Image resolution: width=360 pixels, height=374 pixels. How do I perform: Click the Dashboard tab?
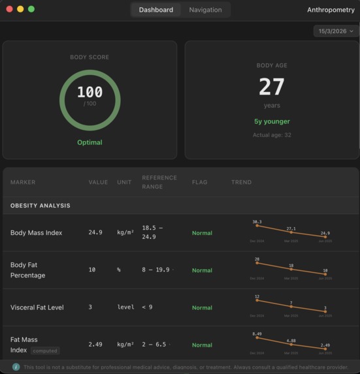155,10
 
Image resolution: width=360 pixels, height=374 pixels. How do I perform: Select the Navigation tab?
205,10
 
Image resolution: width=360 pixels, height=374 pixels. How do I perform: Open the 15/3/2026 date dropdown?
336,31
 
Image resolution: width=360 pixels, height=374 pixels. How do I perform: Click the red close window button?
9,9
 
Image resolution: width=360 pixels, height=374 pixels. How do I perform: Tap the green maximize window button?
31,9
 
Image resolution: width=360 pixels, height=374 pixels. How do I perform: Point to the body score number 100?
90,92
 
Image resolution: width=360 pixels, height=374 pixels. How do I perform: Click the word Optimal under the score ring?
90,142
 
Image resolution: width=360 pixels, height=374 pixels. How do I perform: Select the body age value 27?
272,87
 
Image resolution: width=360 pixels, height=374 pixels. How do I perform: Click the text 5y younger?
272,121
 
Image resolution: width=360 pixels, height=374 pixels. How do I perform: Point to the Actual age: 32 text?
272,135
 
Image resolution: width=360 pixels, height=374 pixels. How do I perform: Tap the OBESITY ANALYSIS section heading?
41,206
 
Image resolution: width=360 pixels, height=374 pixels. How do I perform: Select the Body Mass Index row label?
37,233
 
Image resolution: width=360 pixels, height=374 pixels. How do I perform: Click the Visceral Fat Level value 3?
91,307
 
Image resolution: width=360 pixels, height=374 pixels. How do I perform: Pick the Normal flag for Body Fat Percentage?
202,270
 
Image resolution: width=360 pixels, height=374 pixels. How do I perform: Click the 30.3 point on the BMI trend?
257,226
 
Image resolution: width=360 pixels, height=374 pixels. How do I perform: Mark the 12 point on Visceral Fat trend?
257,301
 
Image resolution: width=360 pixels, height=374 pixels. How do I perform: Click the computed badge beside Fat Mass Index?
45,351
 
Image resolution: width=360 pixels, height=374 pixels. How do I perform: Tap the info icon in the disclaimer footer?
16,367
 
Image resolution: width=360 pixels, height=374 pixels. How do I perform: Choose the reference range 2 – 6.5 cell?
155,345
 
